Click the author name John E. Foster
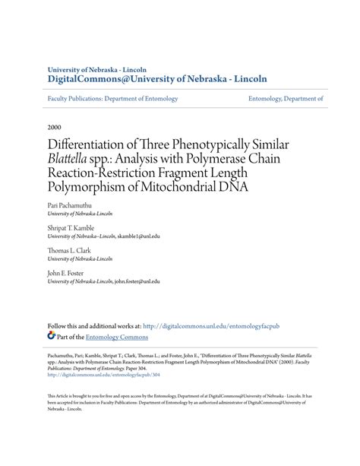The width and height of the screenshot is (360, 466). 66,271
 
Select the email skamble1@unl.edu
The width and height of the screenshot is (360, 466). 138,236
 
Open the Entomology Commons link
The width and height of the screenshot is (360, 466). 116,337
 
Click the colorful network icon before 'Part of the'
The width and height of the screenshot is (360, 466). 52,336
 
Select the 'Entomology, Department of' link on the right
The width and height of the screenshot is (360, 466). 286,98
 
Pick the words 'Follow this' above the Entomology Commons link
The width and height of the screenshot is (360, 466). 63,325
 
